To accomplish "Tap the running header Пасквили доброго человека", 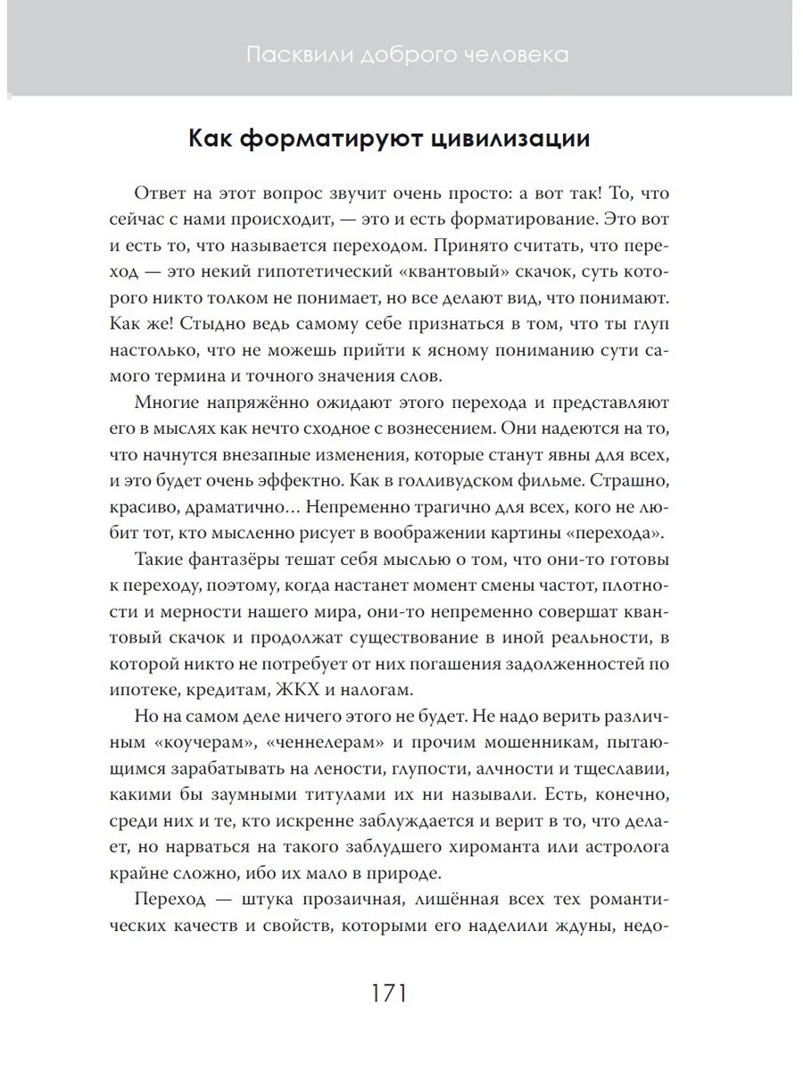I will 407,55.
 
